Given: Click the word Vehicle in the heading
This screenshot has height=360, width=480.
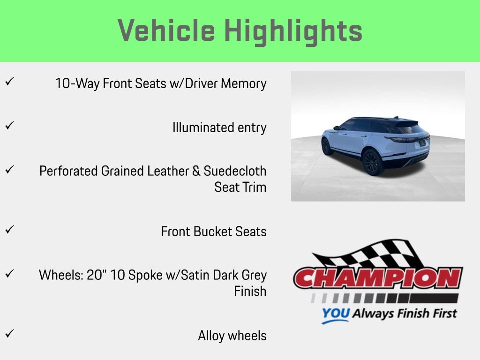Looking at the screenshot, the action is (x=166, y=30).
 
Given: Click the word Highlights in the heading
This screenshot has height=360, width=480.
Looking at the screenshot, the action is (x=293, y=32).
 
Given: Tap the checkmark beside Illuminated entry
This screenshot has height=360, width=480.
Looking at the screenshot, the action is (x=10, y=125).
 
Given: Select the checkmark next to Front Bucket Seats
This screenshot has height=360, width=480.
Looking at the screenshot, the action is (x=10, y=229).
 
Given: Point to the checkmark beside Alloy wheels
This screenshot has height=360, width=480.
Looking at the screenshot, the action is (x=10, y=333).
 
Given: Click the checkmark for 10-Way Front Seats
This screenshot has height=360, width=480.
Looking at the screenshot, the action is (x=10, y=82).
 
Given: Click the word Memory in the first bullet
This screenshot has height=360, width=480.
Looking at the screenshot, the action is (x=244, y=84).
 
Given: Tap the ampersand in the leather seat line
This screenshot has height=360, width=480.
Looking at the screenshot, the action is (x=196, y=171).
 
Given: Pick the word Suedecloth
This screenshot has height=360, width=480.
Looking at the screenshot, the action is (x=235, y=171).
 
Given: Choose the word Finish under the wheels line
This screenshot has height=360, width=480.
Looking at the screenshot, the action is (x=250, y=291).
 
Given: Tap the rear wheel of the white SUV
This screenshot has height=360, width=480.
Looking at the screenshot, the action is (x=372, y=162).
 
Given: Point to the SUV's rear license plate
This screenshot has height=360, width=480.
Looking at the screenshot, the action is (x=422, y=142).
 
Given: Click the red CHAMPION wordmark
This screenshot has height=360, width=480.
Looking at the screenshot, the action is (x=378, y=278).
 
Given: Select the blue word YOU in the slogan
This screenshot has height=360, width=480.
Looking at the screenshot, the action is (x=336, y=314).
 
